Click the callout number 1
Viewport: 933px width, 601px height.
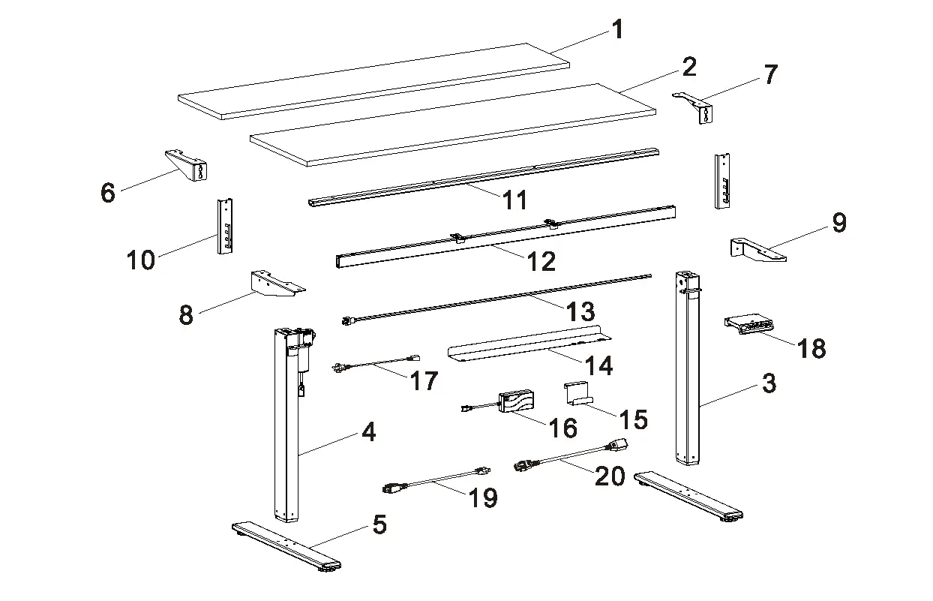click(617, 30)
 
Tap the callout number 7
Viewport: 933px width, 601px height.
click(770, 74)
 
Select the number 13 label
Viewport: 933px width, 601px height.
click(580, 311)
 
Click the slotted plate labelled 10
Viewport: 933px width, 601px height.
click(224, 227)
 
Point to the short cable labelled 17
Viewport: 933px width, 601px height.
click(375, 365)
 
